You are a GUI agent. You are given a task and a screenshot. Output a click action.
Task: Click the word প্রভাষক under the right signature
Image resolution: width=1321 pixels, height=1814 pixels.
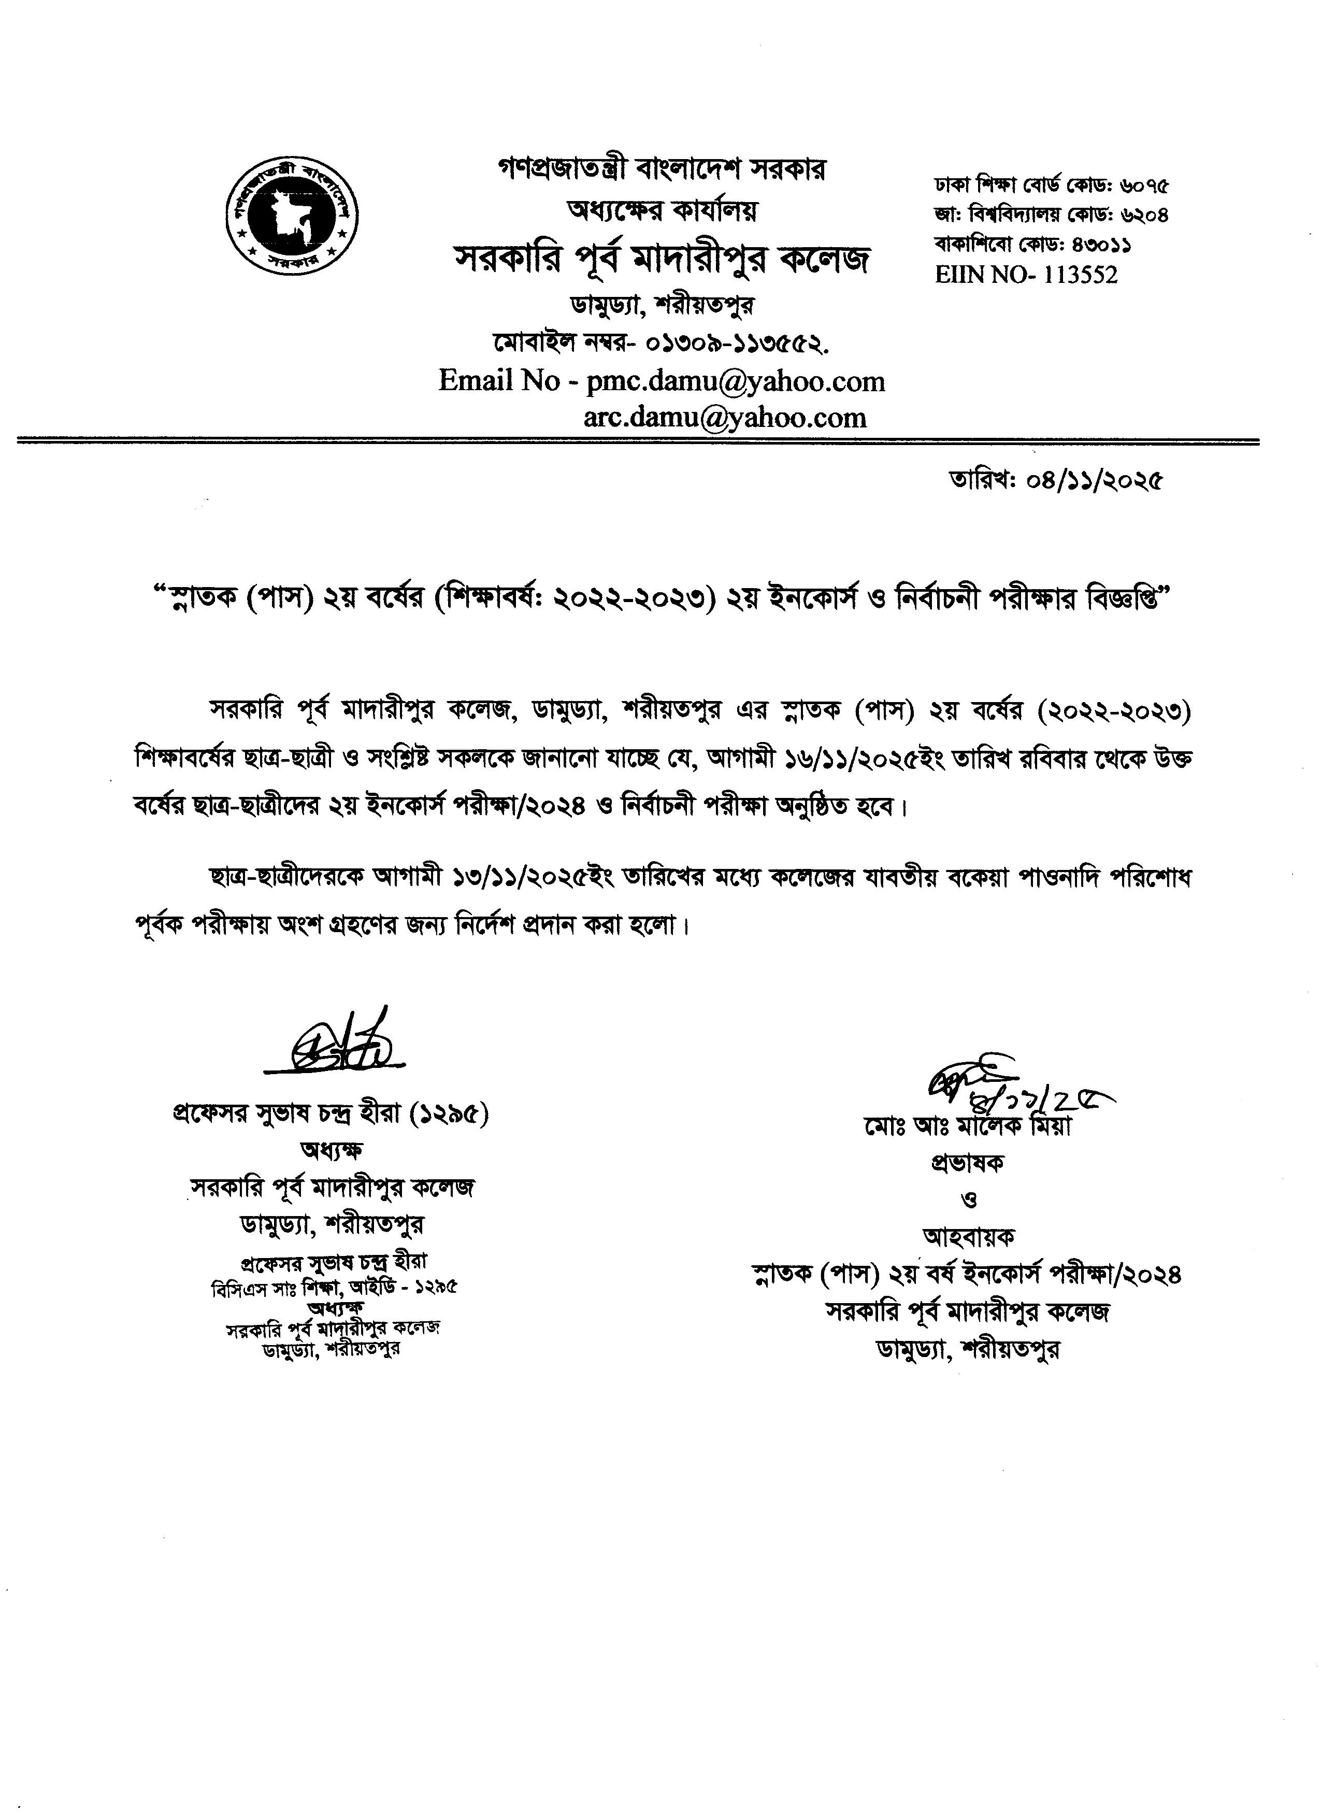[967, 1163]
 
